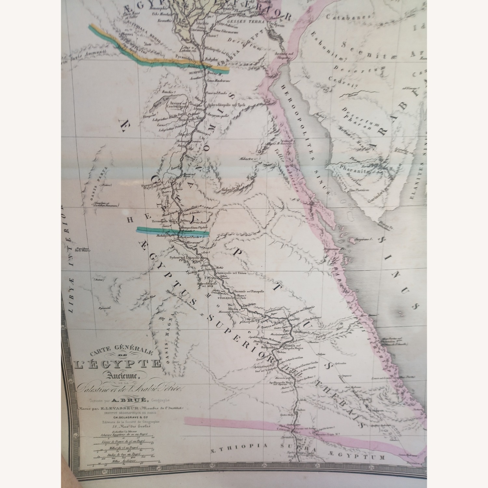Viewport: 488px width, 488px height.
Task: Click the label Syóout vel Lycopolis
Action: coord(184,257)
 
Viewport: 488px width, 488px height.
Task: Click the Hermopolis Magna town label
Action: coord(164,221)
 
